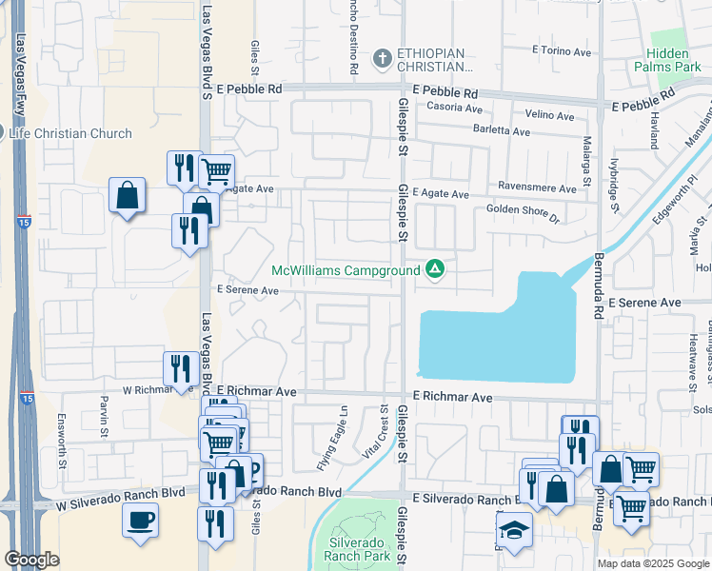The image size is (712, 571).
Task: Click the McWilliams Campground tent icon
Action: click(x=435, y=270)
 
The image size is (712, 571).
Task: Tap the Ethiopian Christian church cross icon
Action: click(x=383, y=59)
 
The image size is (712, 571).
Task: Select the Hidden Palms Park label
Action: click(x=674, y=59)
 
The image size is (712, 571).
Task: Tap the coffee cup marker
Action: click(x=141, y=520)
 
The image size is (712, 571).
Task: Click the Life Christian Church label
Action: click(x=70, y=133)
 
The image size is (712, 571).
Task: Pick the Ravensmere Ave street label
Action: click(x=537, y=188)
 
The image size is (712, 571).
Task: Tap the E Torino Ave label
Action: click(x=563, y=49)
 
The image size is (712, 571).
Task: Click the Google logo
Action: click(x=32, y=560)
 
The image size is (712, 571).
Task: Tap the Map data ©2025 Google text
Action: click(x=652, y=563)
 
